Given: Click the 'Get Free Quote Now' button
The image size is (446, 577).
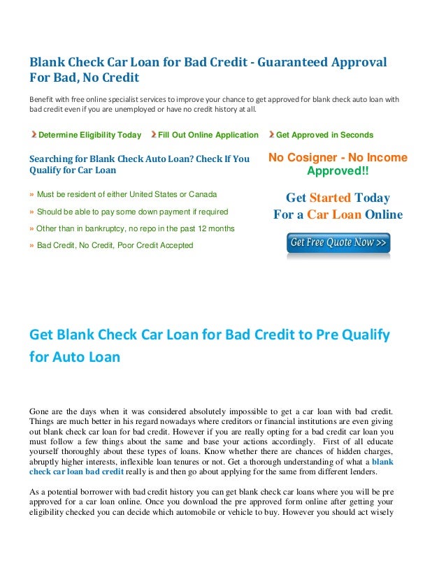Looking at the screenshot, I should point(338,243).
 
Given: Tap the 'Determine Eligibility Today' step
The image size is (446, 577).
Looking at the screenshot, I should point(89,135).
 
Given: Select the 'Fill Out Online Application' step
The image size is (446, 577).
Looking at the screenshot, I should point(208,135).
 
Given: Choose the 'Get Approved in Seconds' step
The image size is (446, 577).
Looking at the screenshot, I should point(324,135).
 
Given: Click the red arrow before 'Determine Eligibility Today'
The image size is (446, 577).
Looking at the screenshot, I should point(33,135).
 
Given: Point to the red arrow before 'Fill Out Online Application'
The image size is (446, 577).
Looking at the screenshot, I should point(153,135).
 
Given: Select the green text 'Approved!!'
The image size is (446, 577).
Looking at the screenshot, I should point(338,171).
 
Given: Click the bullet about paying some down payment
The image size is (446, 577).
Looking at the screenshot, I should point(132,211).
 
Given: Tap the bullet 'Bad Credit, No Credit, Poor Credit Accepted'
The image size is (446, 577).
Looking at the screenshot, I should point(115,245).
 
